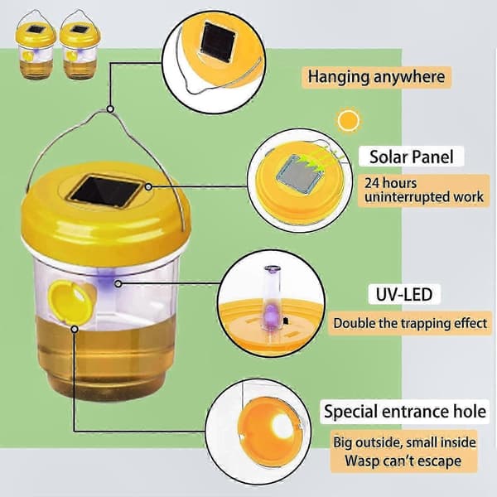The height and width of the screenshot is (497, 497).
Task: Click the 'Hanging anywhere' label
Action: [x=377, y=77]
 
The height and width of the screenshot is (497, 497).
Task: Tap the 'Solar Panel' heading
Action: [x=412, y=157]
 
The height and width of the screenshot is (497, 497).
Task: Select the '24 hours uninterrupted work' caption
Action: [x=424, y=191]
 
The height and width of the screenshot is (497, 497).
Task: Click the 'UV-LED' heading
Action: [x=404, y=294]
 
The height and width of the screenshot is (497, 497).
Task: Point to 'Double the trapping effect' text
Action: [x=410, y=323]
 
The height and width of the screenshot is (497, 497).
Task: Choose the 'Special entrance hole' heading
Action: [x=405, y=412]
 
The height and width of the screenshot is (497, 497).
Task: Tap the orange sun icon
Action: [x=349, y=120]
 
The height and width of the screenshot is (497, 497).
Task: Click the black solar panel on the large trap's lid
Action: [x=106, y=191]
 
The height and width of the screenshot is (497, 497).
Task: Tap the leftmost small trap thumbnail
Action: [x=36, y=45]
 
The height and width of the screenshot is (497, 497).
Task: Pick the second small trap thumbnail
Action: [x=80, y=45]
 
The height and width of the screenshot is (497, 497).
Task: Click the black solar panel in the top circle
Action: [x=217, y=41]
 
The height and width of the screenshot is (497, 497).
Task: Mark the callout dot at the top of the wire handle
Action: [x=110, y=109]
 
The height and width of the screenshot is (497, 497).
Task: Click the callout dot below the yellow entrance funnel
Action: [x=75, y=330]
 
